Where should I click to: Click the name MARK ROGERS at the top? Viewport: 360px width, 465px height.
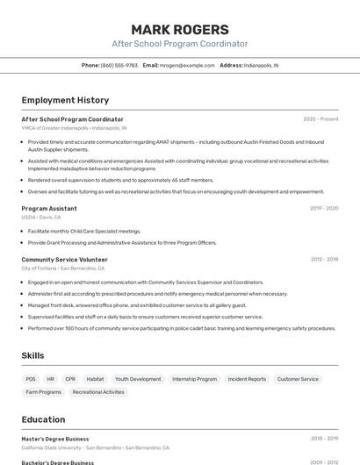179,29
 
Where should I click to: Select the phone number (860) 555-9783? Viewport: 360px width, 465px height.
119,65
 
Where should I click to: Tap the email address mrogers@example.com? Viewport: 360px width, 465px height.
187,65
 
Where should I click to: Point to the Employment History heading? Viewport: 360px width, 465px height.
65,100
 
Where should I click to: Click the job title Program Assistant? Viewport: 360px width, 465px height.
49,208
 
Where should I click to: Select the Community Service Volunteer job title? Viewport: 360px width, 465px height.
64,260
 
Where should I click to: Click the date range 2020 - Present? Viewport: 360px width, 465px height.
320,119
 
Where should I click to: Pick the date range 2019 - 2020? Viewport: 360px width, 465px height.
324,208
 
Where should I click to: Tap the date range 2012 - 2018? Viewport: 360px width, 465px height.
324,260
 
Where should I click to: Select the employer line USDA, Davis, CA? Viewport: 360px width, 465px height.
41,217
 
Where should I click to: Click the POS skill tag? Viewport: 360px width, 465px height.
31,379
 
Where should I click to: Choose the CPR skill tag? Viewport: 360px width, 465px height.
70,379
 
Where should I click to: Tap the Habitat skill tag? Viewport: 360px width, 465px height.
95,379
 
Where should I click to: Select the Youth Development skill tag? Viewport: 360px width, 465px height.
138,379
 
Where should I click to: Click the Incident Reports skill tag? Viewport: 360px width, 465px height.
247,379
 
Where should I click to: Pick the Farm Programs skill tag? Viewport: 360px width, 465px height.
44,392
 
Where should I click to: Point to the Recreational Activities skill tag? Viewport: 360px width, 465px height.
98,392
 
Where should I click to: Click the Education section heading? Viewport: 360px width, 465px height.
43,419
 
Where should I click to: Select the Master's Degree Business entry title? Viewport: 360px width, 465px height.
55,438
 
